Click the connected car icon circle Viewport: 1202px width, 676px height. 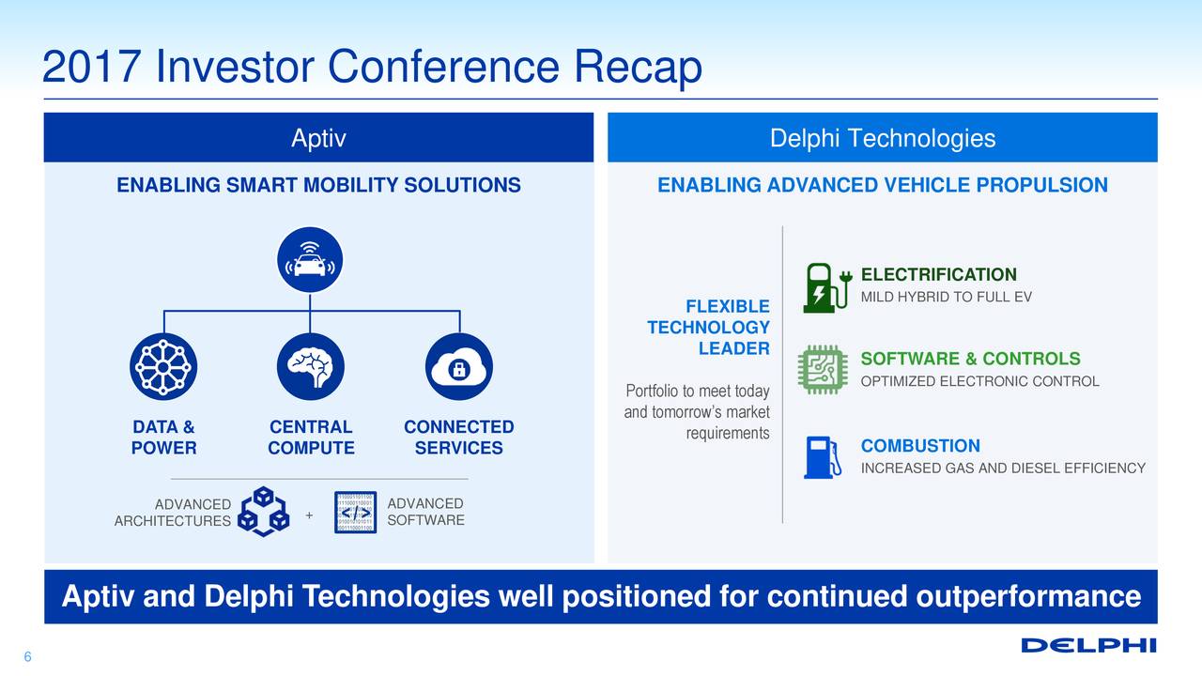point(310,260)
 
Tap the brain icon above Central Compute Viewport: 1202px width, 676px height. point(311,366)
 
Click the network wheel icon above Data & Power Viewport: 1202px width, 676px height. point(163,366)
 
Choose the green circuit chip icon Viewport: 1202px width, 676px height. point(823,370)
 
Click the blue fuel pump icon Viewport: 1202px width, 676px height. point(822,457)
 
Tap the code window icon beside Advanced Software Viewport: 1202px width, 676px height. point(355,513)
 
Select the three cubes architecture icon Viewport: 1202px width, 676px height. point(264,512)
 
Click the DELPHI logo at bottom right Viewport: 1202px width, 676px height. point(1088,645)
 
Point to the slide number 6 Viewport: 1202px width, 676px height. point(27,656)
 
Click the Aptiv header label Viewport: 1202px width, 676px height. point(318,138)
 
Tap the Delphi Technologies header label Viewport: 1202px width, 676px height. point(883,138)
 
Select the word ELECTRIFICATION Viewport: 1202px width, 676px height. point(938,275)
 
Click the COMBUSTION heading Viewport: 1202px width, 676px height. point(920,446)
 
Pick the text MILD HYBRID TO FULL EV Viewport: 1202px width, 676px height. point(946,297)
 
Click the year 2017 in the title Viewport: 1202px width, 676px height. point(92,67)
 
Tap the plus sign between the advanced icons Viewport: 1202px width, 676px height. point(309,515)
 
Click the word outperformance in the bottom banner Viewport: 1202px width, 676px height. point(1028,596)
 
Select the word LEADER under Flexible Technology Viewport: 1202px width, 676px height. point(733,348)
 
